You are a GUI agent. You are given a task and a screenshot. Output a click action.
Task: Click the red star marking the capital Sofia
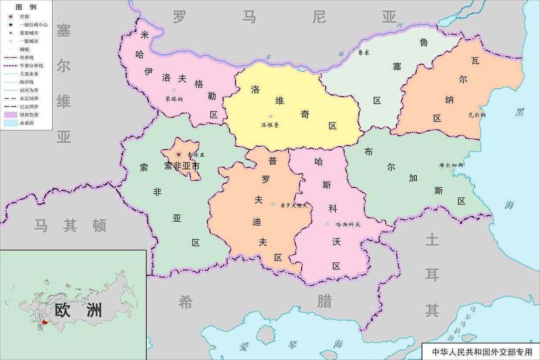point(179,155)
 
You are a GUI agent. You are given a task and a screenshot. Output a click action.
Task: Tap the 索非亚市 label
point(182,166)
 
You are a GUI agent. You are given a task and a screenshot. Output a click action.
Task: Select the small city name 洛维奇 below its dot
point(270,125)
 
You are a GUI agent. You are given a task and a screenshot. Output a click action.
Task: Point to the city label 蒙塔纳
point(174,99)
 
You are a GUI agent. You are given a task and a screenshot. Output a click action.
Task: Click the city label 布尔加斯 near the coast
point(452,165)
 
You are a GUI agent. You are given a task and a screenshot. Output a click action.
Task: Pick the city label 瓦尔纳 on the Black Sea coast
point(477,115)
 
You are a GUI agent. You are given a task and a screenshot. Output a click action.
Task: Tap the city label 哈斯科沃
point(348,225)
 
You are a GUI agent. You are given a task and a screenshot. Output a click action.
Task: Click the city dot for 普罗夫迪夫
point(273,204)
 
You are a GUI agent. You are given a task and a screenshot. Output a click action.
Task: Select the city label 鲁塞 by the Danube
point(364,52)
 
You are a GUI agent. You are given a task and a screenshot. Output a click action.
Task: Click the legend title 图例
point(26,7)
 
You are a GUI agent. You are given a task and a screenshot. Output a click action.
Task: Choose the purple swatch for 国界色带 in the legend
point(10,115)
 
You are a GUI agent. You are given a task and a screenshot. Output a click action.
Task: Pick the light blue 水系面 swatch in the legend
point(10,123)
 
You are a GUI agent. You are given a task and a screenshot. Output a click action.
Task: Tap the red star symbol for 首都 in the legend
point(10,17)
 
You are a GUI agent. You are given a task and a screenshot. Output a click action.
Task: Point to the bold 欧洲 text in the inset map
point(78,310)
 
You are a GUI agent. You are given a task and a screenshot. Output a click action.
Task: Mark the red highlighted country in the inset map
point(45,323)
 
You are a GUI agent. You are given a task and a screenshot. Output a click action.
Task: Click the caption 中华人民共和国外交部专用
point(482,352)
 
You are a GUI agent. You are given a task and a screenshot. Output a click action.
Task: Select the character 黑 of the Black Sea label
point(520,112)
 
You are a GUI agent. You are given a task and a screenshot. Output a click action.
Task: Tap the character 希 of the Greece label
point(185,302)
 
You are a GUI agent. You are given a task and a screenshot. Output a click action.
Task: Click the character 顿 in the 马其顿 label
point(99,225)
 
